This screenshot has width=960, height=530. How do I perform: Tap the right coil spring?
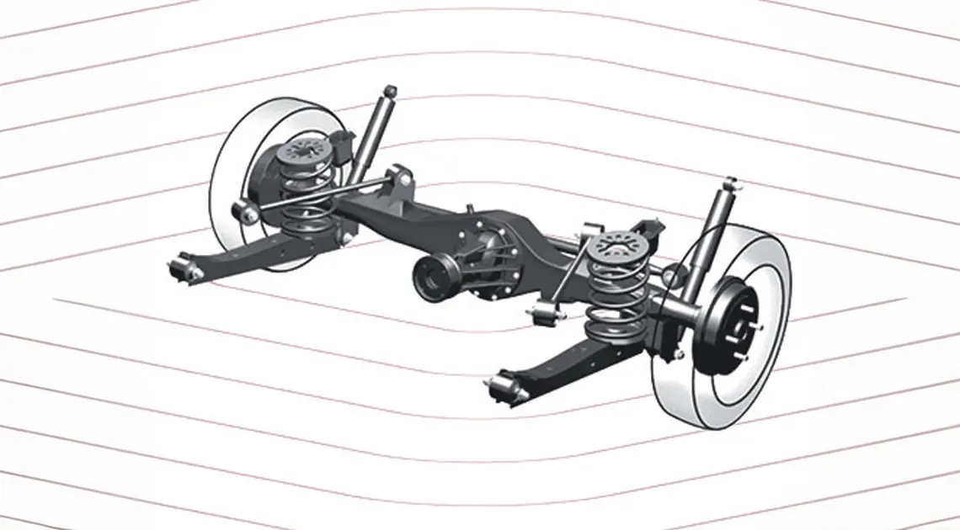tap(618, 294)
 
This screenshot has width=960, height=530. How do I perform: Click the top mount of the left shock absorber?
tap(389, 91)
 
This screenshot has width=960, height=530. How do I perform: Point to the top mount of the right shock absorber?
tap(729, 184)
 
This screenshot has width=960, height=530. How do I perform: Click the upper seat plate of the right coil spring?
tap(620, 246)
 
